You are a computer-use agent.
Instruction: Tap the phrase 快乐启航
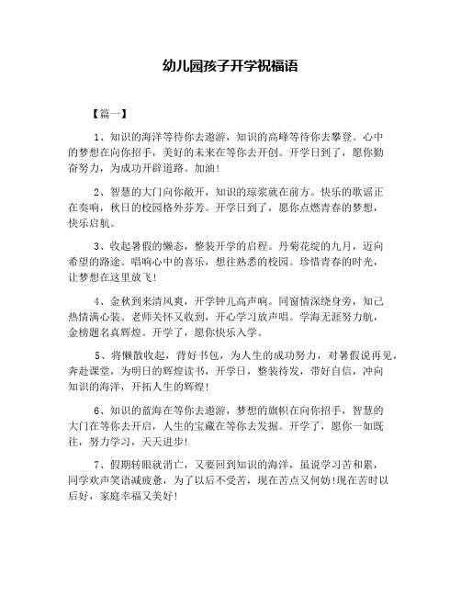tap(90, 228)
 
